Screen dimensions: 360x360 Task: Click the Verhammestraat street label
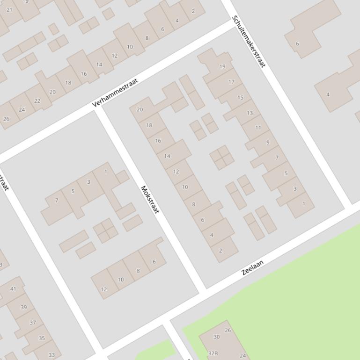click(116, 93)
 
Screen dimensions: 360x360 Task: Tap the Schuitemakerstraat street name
click(249, 41)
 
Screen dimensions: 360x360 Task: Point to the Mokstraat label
click(150, 200)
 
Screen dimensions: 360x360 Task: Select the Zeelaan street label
click(253, 267)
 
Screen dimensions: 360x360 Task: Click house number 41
click(13, 288)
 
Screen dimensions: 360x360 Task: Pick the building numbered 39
click(23, 307)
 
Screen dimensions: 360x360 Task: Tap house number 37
click(33, 323)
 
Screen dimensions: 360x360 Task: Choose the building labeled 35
click(42, 338)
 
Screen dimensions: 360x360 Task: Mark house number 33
click(51, 355)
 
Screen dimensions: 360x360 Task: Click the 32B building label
click(213, 353)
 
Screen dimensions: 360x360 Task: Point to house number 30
click(216, 337)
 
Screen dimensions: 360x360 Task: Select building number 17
click(231, 82)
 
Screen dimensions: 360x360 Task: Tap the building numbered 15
click(241, 98)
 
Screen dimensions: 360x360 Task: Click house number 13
click(250, 113)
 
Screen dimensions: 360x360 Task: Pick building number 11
click(258, 128)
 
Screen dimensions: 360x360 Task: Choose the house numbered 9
click(268, 143)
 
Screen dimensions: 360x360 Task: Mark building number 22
click(37, 101)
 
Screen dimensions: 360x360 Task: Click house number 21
click(9, 9)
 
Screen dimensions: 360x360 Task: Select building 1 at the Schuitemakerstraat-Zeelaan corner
click(303, 203)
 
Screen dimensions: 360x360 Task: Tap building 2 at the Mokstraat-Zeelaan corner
click(220, 250)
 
